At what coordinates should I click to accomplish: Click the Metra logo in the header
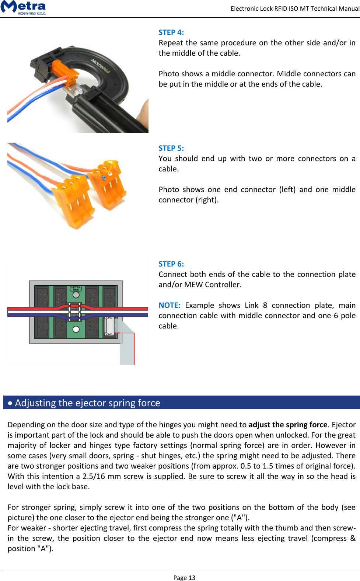(24, 7)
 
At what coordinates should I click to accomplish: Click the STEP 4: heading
(171, 32)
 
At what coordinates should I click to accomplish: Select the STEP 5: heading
(171, 148)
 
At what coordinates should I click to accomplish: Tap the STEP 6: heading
(171, 264)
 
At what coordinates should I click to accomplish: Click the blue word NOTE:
(169, 305)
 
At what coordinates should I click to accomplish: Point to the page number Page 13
(184, 577)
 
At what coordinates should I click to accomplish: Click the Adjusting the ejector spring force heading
(87, 403)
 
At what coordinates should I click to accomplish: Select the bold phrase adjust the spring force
(288, 425)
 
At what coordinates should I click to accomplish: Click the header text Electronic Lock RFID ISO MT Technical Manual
(295, 8)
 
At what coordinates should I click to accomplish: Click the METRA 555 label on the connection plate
(76, 288)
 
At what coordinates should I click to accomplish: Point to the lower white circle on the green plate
(76, 329)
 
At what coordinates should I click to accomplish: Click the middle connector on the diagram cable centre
(75, 312)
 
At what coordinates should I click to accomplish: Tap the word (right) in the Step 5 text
(207, 200)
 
